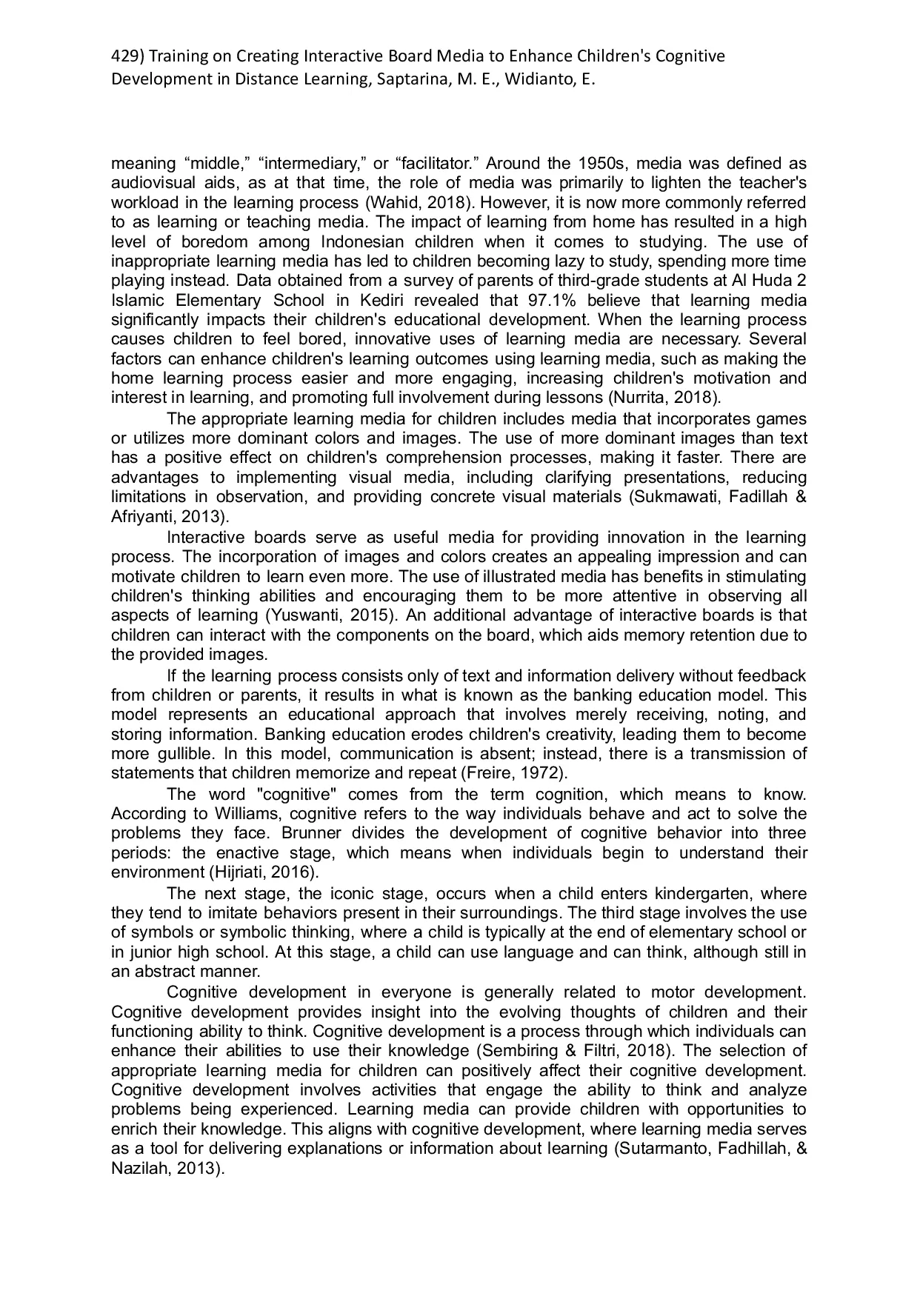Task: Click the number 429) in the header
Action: pyautogui.click(x=127, y=56)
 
